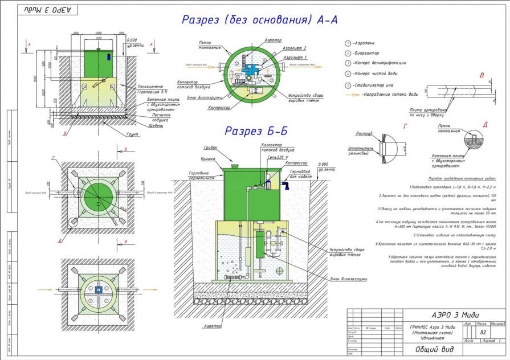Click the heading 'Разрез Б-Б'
click(x=256, y=131)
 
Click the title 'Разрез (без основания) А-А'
click(x=260, y=20)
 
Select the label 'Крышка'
click(x=209, y=160)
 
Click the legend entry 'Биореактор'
click(x=368, y=53)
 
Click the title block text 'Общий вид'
click(x=434, y=349)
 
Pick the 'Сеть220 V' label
click(x=276, y=156)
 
